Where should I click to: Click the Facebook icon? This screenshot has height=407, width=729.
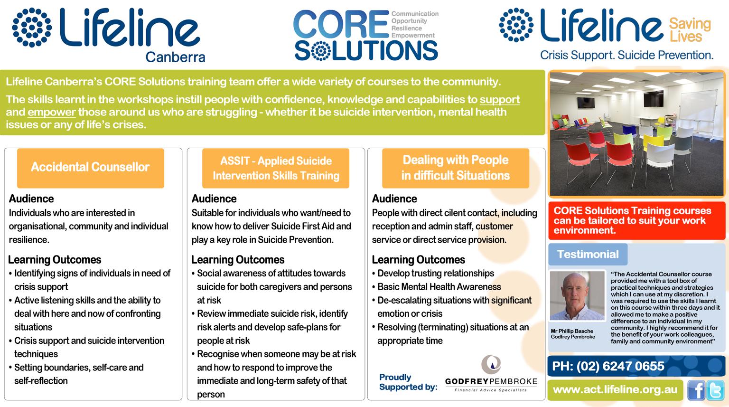696,390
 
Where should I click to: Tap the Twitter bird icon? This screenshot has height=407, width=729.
715,390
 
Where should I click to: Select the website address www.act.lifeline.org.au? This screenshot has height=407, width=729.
615,390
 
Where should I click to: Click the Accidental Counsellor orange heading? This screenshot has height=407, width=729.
91,168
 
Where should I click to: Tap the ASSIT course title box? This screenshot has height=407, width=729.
276,168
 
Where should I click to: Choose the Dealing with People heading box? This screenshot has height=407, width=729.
456,168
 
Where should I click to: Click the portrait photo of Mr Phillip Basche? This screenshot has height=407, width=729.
577,296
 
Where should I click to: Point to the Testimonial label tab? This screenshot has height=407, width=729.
588,254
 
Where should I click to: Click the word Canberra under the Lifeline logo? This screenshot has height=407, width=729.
175,57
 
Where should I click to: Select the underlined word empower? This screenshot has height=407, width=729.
51,112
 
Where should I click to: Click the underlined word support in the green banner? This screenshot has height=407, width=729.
500,100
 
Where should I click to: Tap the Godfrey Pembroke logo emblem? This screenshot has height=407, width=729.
491,364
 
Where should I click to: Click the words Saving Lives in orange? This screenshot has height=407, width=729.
690,30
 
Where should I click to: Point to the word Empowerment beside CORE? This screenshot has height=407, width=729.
413,35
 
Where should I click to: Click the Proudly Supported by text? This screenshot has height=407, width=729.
408,382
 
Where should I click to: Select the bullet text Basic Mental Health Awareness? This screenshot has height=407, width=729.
439,287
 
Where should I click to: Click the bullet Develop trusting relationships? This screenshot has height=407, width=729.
435,273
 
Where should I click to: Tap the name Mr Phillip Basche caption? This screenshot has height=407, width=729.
572,331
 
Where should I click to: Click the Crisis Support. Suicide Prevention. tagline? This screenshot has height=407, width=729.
626,55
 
